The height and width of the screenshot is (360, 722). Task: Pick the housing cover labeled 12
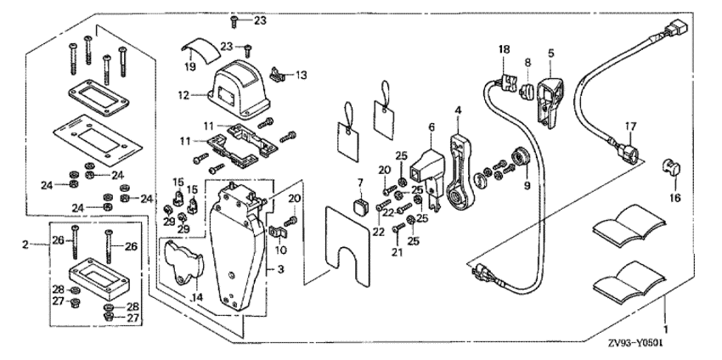pos(237,84)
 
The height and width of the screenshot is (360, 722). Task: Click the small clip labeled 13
pos(278,75)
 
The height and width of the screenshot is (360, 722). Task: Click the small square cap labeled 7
pos(361,205)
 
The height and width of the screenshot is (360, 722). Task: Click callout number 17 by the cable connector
pos(629,126)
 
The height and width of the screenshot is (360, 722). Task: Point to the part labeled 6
pos(425,166)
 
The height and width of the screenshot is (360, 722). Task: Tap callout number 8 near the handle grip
pos(527,62)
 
